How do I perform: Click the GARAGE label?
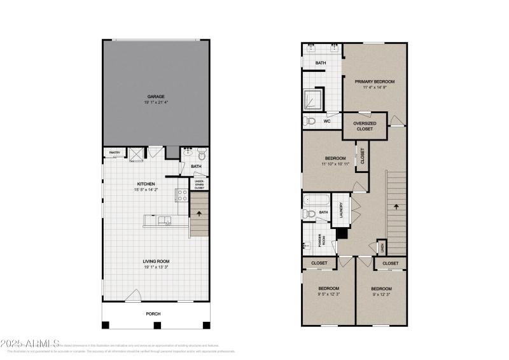156,97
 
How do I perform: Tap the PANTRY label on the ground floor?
115,153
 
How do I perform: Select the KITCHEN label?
146,184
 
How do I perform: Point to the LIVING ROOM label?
156,261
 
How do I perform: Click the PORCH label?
153,314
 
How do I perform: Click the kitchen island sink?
166,221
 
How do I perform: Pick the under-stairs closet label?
199,184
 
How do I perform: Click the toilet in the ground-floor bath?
202,153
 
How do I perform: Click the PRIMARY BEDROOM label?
375,81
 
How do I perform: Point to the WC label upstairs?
326,121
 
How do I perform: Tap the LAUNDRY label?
341,210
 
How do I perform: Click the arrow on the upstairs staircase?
396,206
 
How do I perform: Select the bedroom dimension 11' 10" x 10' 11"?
335,164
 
